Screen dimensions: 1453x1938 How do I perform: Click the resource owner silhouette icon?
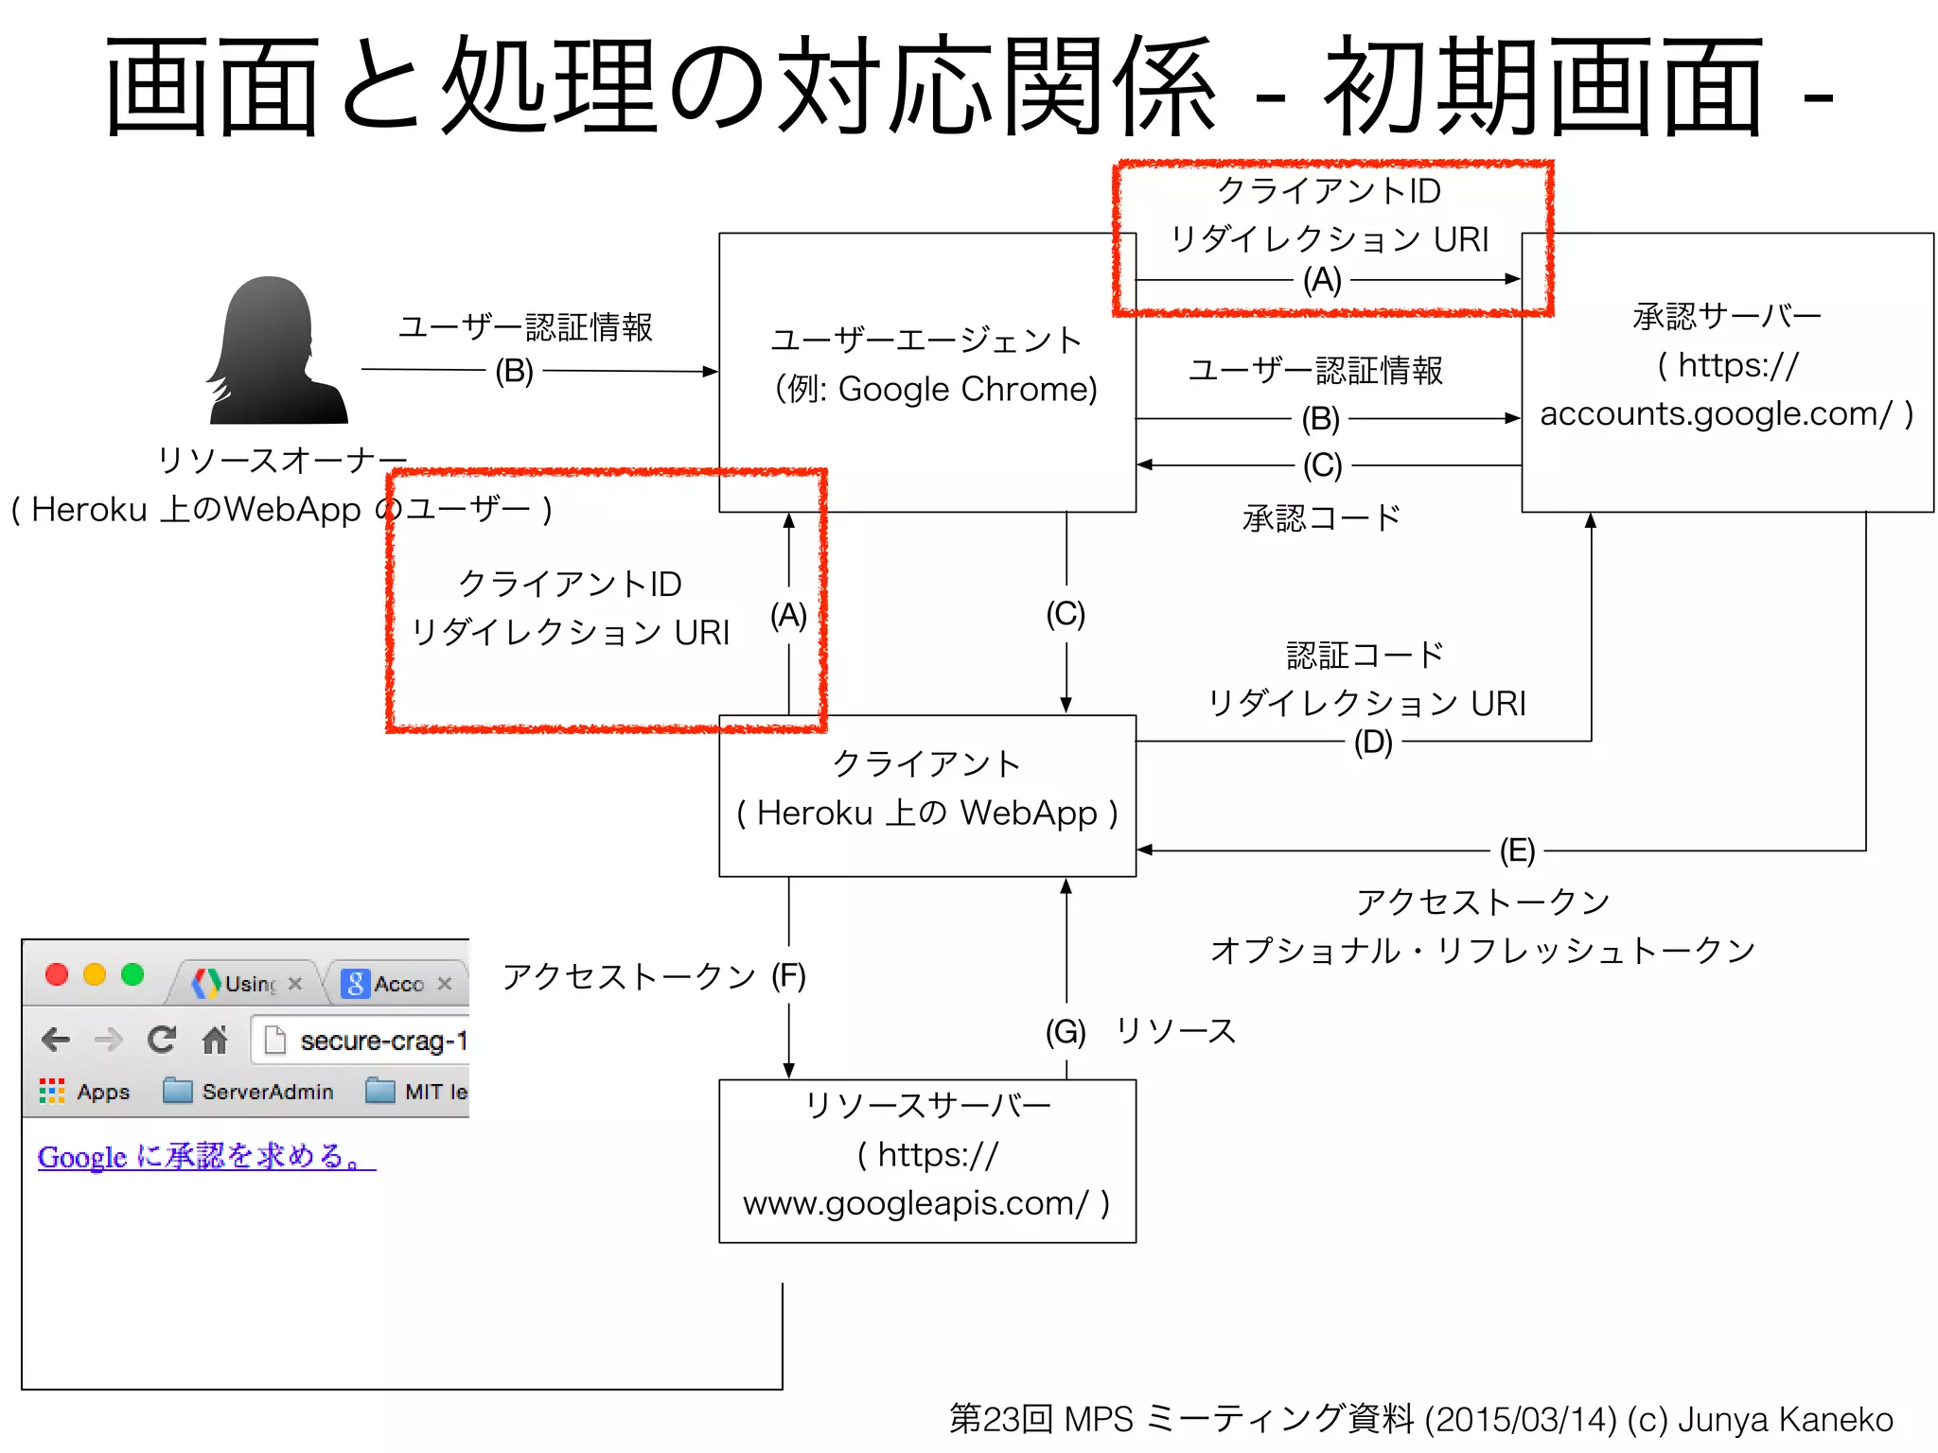(275, 350)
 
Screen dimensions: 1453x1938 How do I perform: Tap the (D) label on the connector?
(1372, 742)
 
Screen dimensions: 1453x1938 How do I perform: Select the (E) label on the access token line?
(1517, 850)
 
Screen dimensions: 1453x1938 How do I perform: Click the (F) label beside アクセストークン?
(788, 975)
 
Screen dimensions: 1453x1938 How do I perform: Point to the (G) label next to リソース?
(1066, 1030)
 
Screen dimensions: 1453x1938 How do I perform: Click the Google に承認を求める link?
(206, 1156)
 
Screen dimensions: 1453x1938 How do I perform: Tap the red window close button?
(57, 974)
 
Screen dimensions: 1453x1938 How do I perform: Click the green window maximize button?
(132, 974)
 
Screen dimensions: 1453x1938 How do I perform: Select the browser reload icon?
(162, 1040)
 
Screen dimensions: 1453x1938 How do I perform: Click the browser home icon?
(215, 1040)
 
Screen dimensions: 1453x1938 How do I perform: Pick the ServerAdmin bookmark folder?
(249, 1092)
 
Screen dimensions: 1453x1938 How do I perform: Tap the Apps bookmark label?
(102, 1092)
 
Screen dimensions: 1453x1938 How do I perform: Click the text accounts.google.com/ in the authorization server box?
(1715, 413)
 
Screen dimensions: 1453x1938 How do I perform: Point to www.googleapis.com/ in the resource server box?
(915, 1202)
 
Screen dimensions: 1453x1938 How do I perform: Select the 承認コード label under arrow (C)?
(1321, 517)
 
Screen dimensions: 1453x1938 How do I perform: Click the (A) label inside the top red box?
(1322, 280)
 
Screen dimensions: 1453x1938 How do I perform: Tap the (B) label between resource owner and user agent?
(514, 371)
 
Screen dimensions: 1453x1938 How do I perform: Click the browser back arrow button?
(57, 1040)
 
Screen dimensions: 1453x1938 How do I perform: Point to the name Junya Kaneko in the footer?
(1785, 1419)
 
